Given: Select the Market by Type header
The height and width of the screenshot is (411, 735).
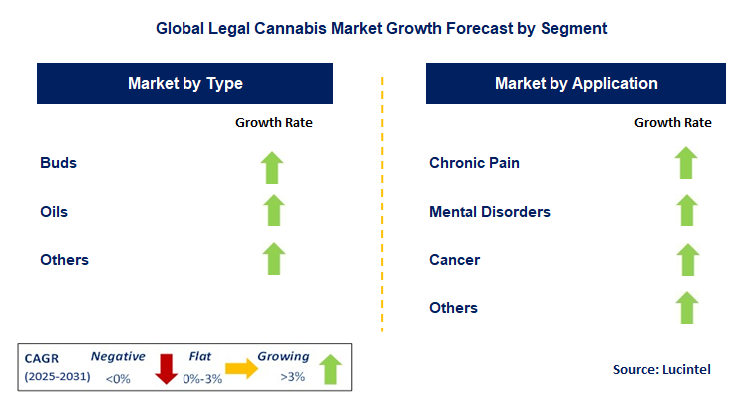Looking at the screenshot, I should [185, 84].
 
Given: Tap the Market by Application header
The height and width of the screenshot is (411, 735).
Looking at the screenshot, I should [575, 84].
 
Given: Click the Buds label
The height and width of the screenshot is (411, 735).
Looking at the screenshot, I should [59, 163].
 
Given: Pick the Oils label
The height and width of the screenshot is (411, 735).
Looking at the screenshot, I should [55, 211].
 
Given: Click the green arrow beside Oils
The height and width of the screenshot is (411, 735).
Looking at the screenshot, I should [274, 211].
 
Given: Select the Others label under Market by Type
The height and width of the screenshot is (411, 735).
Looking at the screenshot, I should [65, 260].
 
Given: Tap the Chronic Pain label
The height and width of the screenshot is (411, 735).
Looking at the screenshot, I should [474, 163].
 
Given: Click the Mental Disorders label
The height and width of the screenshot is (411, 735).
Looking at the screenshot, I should [490, 211].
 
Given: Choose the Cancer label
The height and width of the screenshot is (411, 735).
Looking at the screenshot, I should [455, 260].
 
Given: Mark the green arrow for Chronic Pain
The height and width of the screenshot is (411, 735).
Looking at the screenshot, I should [684, 163].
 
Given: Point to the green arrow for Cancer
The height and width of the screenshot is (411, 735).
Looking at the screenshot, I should [684, 260].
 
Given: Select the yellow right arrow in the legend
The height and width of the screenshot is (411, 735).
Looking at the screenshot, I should [241, 368].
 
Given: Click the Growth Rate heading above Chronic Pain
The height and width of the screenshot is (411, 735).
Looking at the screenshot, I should [673, 123].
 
